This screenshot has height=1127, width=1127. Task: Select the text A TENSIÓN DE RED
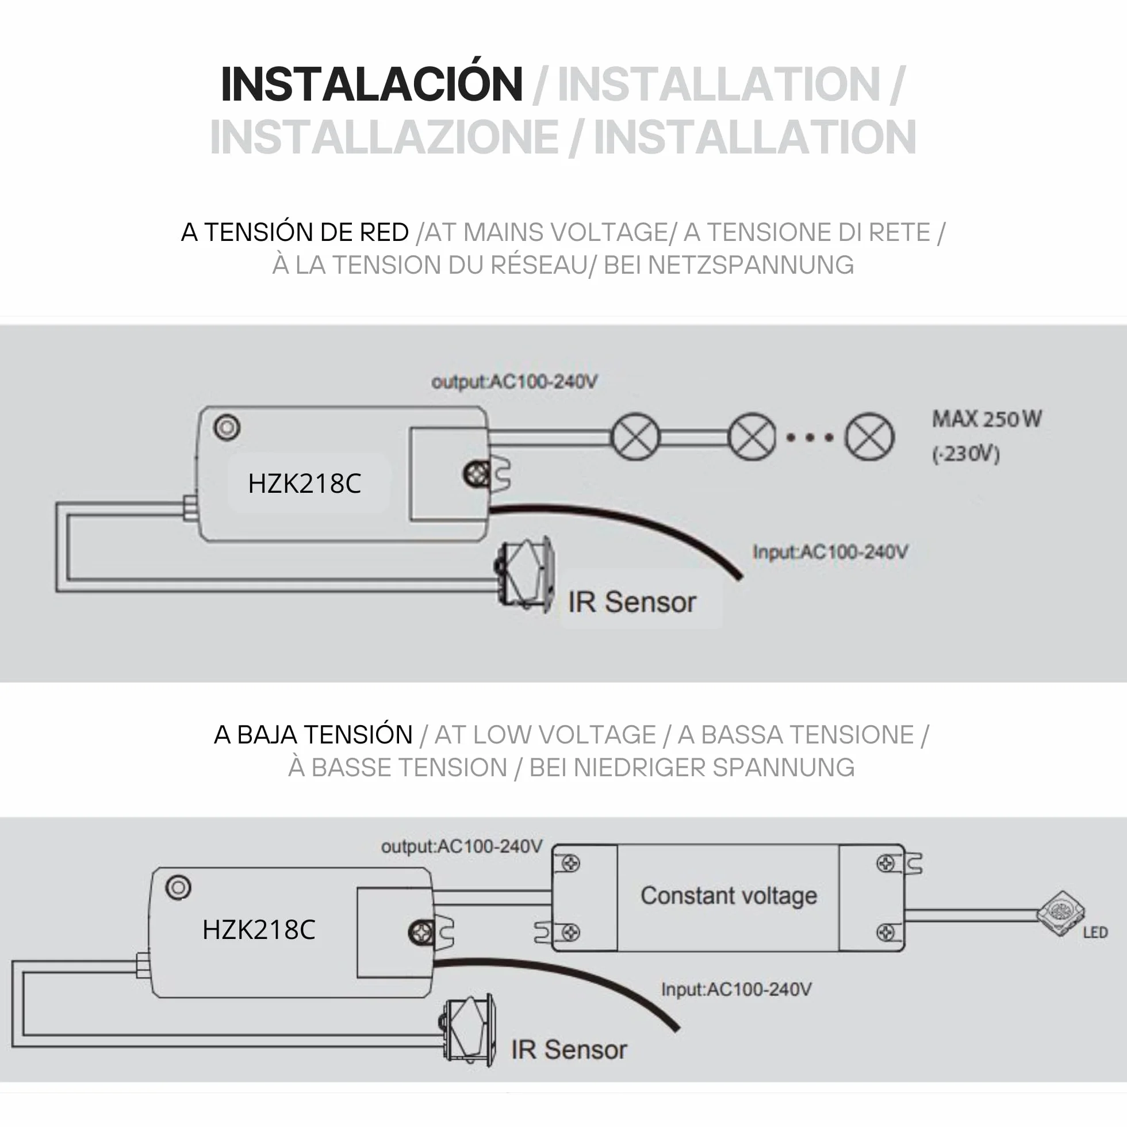294,232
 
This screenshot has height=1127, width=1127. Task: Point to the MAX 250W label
987,419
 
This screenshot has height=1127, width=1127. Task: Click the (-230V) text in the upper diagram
966,454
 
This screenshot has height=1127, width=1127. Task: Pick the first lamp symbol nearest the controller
636,437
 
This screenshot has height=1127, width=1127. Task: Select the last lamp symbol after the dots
869,437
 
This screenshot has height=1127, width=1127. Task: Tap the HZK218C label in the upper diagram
305,484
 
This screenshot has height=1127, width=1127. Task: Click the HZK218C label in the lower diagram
258,930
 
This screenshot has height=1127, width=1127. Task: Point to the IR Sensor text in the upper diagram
632,602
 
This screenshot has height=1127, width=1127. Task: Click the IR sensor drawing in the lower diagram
468,1031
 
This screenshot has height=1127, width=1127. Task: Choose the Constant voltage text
729,895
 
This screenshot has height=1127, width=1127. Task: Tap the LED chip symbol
1060,913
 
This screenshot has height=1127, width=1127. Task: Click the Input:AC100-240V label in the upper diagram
830,552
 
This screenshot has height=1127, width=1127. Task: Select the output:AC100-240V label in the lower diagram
462,846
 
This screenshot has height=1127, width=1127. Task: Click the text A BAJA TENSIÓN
313,734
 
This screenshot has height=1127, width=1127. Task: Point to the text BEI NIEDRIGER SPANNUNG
692,768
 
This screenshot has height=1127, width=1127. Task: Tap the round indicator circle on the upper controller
227,428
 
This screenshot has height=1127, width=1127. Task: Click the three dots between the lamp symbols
810,438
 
